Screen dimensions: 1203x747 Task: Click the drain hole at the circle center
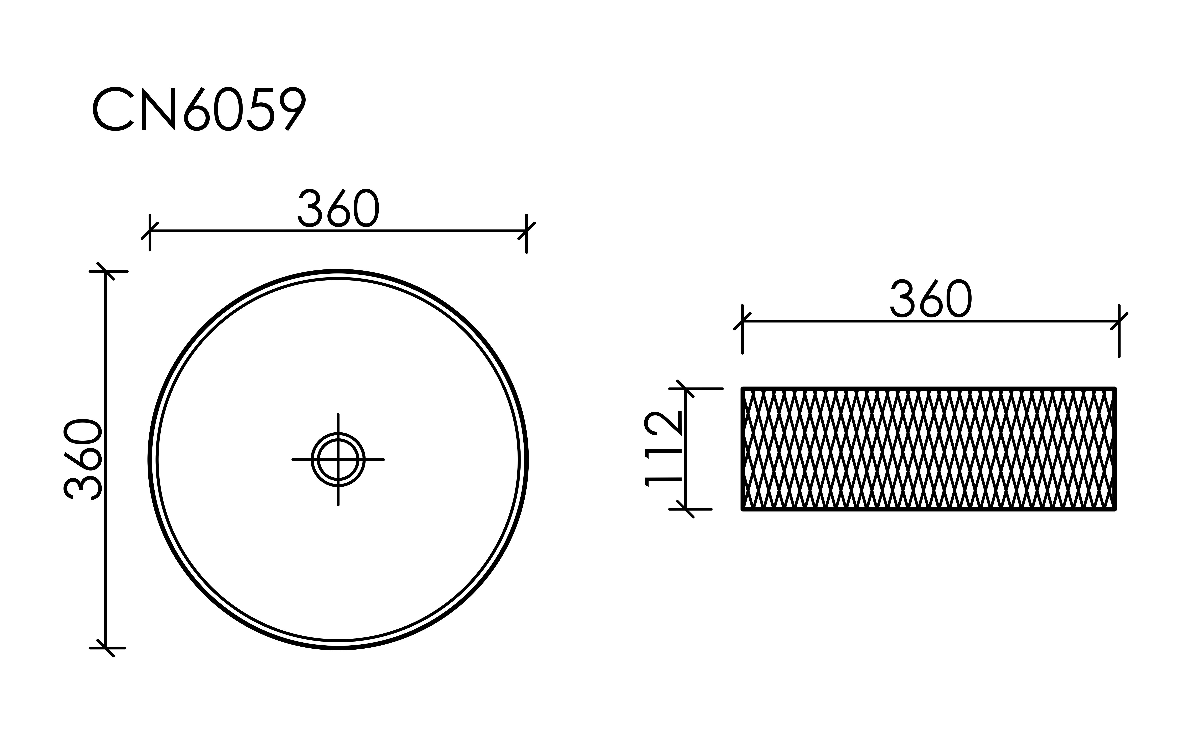338,459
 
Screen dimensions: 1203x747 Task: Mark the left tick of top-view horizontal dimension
150,231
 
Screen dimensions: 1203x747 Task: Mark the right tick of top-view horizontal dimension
526,231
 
